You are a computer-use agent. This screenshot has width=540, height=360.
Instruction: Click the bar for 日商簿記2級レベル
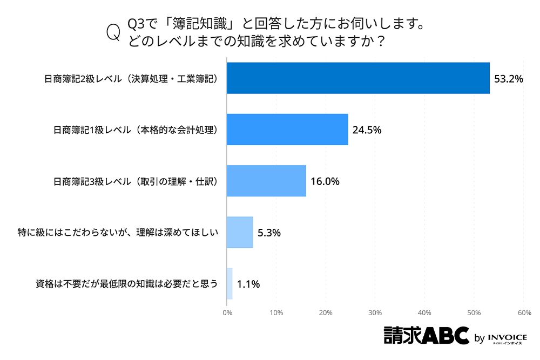pyautogui.click(x=358, y=78)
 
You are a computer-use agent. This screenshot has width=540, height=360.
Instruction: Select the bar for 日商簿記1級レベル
pyautogui.click(x=287, y=130)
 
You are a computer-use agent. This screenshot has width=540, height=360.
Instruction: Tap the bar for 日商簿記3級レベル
pyautogui.click(x=266, y=181)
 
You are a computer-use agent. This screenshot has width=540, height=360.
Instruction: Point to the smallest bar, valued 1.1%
pyautogui.click(x=230, y=283)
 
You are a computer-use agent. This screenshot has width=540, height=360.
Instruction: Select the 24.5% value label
pyautogui.click(x=367, y=130)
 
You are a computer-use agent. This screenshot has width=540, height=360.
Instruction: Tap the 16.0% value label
pyautogui.click(x=325, y=181)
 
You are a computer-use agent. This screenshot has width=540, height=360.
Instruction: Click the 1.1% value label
pyautogui.click(x=248, y=284)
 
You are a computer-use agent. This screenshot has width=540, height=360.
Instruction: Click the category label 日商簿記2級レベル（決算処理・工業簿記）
pyautogui.click(x=130, y=79)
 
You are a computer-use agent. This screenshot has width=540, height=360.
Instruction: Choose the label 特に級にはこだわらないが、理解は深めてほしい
pyautogui.click(x=118, y=233)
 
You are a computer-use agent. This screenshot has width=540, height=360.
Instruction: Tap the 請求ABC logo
pyautogui.click(x=426, y=336)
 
